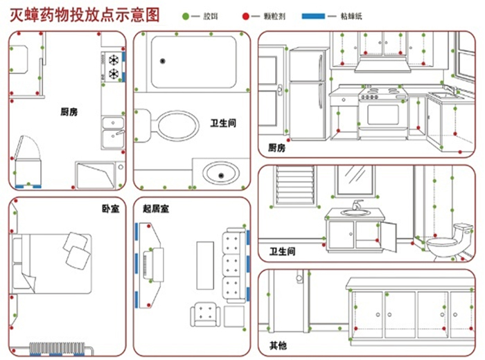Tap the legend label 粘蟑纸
[353, 15]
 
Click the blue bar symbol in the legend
[315, 15]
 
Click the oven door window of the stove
[382, 112]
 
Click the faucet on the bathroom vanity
[356, 205]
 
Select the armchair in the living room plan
[205, 316]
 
